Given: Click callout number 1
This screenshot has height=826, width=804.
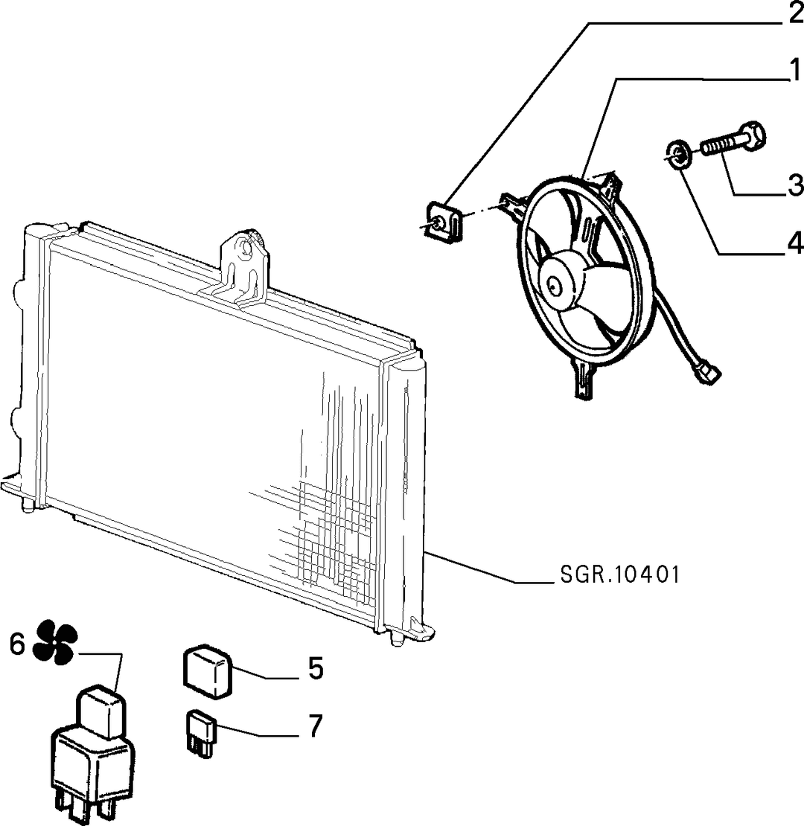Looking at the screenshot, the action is click(794, 70).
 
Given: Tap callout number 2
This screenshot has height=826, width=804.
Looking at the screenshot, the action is click(794, 13).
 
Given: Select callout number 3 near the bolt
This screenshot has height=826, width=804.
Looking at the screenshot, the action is click(794, 185).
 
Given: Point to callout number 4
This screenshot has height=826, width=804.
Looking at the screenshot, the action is click(794, 243).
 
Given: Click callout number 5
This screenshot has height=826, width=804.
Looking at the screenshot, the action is click(315, 667).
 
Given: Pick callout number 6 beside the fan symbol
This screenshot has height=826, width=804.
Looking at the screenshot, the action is click(17, 644).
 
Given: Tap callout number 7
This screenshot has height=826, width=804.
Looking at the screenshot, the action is click(315, 726).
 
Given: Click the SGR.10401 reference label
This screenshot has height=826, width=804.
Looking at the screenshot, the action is click(619, 574).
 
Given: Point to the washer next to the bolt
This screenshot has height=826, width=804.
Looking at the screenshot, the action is click(677, 154).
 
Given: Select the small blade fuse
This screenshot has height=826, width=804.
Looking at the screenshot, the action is click(201, 733).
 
